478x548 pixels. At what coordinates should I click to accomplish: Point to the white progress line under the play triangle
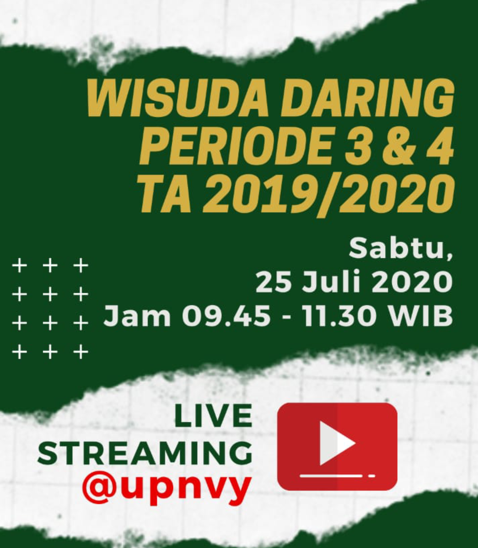click(331, 475)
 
